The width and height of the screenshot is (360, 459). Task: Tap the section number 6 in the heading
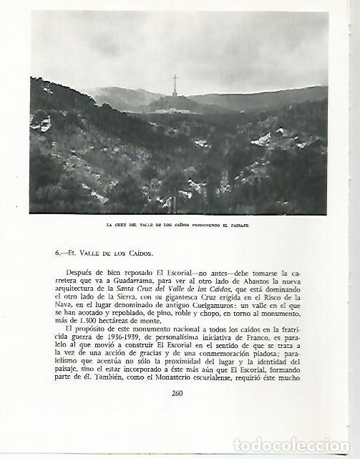[x=57, y=253]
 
